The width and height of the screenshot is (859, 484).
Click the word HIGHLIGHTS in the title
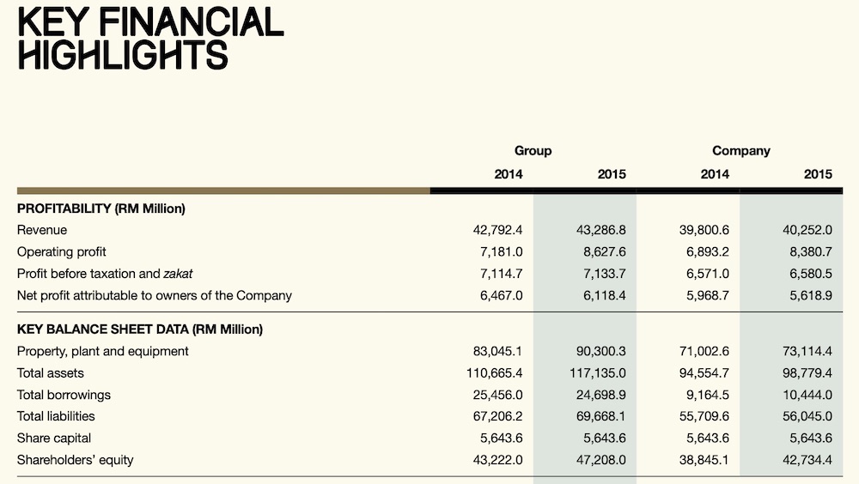pyautogui.click(x=123, y=55)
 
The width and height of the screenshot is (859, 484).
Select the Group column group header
pyautogui.click(x=533, y=150)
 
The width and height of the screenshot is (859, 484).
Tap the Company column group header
pyautogui.click(x=740, y=150)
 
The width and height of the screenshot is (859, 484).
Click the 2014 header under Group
pyautogui.click(x=509, y=174)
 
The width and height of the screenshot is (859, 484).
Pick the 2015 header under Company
pyautogui.click(x=818, y=174)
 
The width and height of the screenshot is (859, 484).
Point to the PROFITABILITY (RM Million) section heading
pyautogui.click(x=101, y=209)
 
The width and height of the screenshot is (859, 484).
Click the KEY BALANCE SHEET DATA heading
pyautogui.click(x=140, y=329)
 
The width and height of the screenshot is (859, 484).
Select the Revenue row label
pyautogui.click(x=41, y=230)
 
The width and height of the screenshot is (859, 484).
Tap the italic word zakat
pyautogui.click(x=178, y=274)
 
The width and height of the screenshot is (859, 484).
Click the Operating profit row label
pyautogui.click(x=61, y=251)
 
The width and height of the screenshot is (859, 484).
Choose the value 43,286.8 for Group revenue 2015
pyautogui.click(x=600, y=230)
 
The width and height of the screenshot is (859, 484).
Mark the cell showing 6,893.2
pyautogui.click(x=707, y=251)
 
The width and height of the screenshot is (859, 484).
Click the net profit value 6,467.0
pyautogui.click(x=502, y=296)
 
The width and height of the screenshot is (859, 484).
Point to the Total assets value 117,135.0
pyautogui.click(x=597, y=372)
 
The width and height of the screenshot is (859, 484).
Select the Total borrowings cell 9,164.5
pyautogui.click(x=707, y=395)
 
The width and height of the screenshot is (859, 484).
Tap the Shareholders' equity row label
pyautogui.click(x=75, y=460)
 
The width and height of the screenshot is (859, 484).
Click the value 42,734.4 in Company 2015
pyautogui.click(x=807, y=460)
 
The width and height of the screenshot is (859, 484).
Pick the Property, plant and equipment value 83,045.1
pyautogui.click(x=497, y=351)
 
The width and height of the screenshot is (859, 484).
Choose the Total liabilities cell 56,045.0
pyautogui.click(x=807, y=416)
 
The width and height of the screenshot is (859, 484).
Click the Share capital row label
pyautogui.click(x=53, y=438)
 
